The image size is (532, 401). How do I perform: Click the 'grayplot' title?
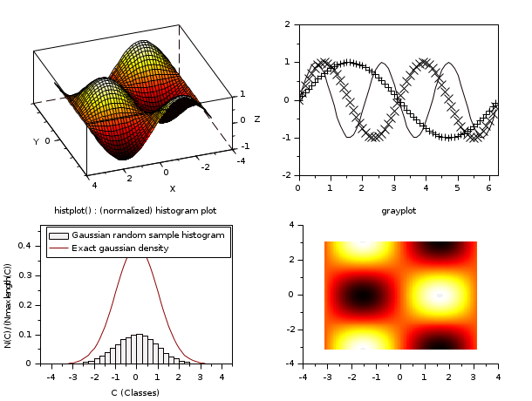398,211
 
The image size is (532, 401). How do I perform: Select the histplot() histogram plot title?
135,211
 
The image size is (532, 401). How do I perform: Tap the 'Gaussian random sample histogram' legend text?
147,235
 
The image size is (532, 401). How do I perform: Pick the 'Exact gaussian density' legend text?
120,248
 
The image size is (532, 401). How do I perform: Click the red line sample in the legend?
58,248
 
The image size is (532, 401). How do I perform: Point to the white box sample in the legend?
58,235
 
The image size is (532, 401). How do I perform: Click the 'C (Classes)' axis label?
135,392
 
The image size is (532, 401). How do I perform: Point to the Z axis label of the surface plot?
256,119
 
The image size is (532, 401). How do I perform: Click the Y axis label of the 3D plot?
36,141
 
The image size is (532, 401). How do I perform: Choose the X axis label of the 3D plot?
172,189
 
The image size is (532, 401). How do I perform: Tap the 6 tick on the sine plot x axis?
488,187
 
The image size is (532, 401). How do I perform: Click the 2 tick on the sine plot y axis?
287,24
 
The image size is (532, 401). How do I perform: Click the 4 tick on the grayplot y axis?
293,225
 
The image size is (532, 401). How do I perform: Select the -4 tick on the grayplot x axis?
303,377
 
